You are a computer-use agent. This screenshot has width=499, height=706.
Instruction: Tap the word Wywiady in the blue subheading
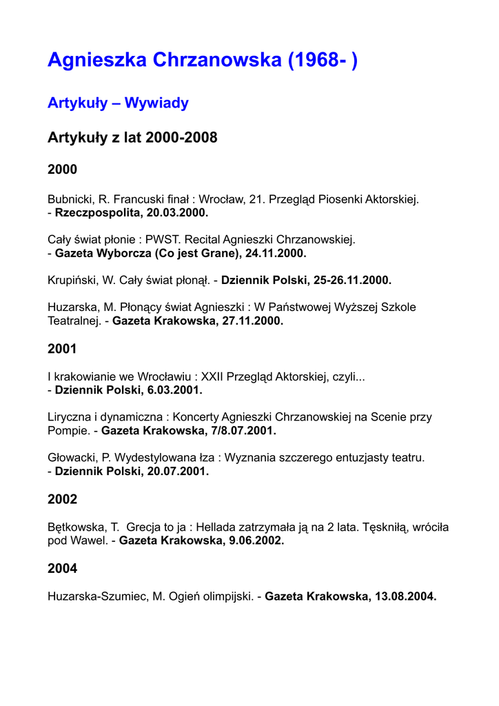(156, 103)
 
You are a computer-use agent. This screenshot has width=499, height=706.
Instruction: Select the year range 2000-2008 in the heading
(181, 137)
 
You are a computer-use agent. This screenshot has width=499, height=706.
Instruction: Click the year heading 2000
(62, 170)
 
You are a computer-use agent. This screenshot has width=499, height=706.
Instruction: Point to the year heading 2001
(62, 350)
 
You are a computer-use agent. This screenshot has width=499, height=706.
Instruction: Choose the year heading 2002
(62, 499)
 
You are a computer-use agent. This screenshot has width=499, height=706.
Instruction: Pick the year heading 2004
(62, 569)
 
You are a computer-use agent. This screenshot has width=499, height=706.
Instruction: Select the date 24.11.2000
(276, 253)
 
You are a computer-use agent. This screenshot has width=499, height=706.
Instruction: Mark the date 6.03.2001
(169, 390)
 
